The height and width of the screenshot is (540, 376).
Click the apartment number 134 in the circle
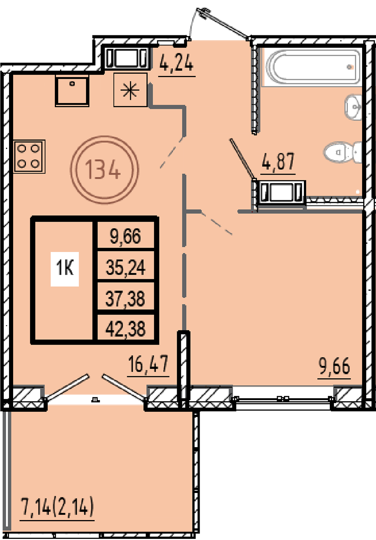103,170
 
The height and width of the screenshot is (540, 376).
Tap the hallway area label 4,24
177,63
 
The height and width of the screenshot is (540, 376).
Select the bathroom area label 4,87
278,161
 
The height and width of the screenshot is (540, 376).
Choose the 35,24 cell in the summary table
126,267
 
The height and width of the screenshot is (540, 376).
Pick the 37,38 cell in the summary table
126,298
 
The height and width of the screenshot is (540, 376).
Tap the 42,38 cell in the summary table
126,329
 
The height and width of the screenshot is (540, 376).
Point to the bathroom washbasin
353,107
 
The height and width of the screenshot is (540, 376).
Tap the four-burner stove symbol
29,157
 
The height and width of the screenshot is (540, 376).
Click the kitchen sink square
72,91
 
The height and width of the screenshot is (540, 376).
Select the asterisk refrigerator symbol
130,90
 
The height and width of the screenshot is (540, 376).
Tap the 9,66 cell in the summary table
126,236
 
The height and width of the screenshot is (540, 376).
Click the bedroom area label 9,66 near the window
334,366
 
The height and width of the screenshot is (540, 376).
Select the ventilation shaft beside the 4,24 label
127,58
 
